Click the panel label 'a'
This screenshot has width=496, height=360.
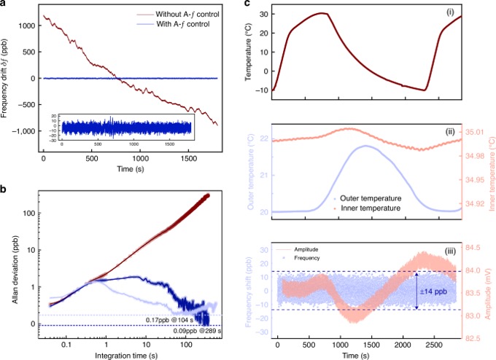(4, 5)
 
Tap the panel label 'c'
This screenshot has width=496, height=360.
(255, 5)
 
